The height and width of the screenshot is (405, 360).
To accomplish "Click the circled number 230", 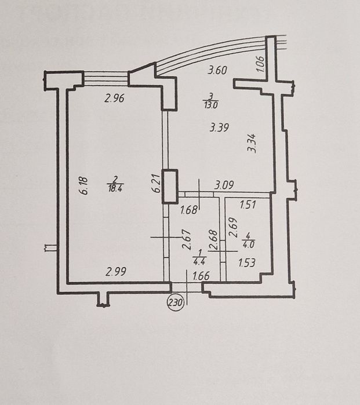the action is pos(176,302).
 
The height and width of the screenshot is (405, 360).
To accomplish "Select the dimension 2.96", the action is pos(114,98).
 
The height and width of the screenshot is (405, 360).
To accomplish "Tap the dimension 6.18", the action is pos(84,185).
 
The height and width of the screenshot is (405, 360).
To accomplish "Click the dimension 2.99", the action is pos(116,272).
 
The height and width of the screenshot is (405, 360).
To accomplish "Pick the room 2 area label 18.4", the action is pos(115,188).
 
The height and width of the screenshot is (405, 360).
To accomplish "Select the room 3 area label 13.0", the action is pos(211,105).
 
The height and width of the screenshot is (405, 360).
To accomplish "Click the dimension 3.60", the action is pos(217,70).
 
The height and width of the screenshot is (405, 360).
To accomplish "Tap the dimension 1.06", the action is pos(260,64).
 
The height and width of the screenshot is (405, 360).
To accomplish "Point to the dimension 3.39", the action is pos(219,127).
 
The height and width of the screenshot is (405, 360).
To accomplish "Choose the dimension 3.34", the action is pos(252,143).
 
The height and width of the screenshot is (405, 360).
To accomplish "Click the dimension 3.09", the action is pos(224,185).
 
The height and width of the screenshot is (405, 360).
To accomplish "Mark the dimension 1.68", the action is pos(189,210).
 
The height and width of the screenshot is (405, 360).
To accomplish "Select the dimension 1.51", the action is pos(248,205).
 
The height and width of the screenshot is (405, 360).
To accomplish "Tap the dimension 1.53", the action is pos(246,263).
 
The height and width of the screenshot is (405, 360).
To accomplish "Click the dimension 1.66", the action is pos(201,276).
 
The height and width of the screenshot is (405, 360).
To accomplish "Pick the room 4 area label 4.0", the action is pos(249,245).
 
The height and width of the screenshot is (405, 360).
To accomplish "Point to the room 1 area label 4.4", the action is pos(199,261).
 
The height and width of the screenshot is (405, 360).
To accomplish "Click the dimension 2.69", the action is pos(233,228).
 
